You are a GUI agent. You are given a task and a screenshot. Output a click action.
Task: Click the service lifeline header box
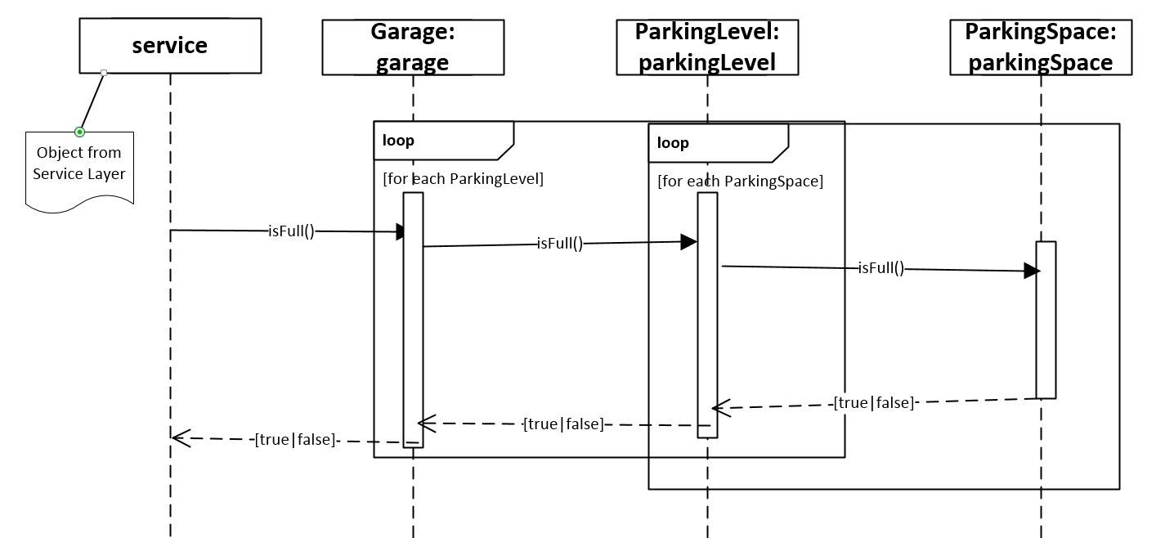click(170, 46)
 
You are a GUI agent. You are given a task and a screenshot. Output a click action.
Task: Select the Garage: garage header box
click(412, 47)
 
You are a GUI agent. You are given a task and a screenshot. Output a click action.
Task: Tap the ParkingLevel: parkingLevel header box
click(706, 47)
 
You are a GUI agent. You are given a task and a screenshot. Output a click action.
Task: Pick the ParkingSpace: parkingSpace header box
click(1040, 47)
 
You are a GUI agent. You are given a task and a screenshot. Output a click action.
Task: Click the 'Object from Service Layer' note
click(79, 164)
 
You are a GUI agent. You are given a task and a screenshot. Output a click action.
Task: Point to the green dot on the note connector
click(79, 132)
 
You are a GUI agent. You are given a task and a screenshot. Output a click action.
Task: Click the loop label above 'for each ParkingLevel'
click(399, 141)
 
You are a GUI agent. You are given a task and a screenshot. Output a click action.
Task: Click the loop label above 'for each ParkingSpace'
click(674, 143)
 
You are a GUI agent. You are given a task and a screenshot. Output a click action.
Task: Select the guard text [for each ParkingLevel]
click(463, 178)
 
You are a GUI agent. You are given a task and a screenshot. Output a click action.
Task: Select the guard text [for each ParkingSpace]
click(740, 181)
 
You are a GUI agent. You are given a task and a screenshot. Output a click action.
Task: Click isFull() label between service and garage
click(291, 231)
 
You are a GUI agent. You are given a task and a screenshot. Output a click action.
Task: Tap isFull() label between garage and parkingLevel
click(559, 243)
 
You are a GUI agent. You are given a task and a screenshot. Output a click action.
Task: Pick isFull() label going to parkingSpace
click(880, 267)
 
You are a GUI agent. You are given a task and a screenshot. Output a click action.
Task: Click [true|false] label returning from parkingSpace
click(873, 402)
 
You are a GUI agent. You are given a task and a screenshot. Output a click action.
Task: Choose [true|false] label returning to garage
click(563, 424)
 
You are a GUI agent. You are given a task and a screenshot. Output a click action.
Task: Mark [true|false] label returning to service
click(295, 440)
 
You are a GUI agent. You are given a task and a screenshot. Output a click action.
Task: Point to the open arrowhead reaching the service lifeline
click(181, 438)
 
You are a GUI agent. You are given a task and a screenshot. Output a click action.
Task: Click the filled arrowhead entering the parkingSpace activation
click(1032, 271)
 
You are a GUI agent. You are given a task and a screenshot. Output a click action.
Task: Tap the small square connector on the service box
click(104, 74)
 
